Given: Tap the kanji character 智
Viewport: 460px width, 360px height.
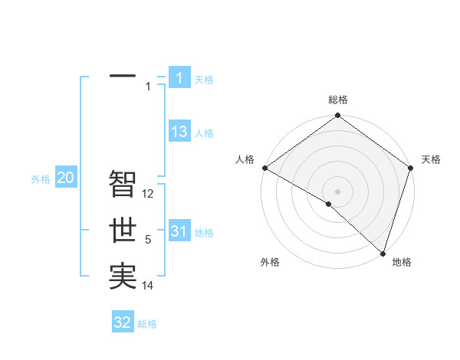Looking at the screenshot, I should pos(123,184).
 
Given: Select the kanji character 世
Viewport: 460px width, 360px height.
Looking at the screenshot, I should pos(123,231).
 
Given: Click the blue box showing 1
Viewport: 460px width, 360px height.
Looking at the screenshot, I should pos(179,77).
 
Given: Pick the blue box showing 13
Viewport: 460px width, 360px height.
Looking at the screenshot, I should pos(179,132).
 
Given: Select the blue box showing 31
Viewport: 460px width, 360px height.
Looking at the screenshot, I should pos(179,231).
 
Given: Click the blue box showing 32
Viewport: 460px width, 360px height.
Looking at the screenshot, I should pos(123,322).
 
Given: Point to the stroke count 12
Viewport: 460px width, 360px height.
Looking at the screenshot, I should pos(149,194).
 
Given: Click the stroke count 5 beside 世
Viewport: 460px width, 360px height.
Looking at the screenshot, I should pos(148,241).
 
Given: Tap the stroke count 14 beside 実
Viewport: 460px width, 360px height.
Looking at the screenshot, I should pos(149,286).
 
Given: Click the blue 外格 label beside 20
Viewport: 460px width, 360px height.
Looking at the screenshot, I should pos(41,179).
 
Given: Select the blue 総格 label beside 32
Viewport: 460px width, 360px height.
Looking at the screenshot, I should pos(147,324).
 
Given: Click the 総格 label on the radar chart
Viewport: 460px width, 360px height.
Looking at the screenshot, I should pos(337,100).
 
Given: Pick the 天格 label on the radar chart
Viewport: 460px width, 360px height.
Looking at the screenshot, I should pos(431,159).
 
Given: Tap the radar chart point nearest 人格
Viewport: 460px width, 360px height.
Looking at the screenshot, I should pos(264,168).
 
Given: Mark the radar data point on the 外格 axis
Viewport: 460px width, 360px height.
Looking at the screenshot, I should pos(328,204).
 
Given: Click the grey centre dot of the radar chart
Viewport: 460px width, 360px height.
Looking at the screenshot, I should pos(337,191).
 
